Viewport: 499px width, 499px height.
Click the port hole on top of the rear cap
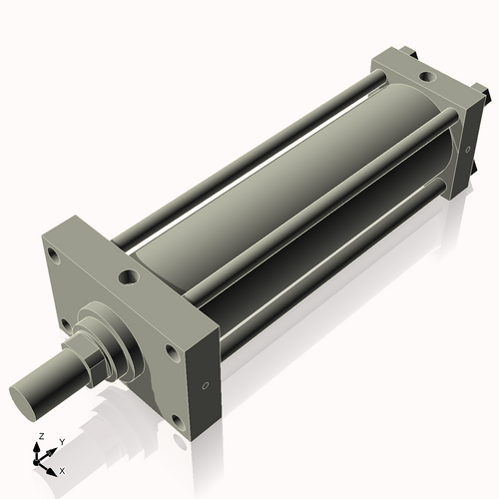click(426, 76)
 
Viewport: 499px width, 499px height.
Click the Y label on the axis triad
click(62, 441)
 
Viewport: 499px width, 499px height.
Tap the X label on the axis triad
click(62, 469)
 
